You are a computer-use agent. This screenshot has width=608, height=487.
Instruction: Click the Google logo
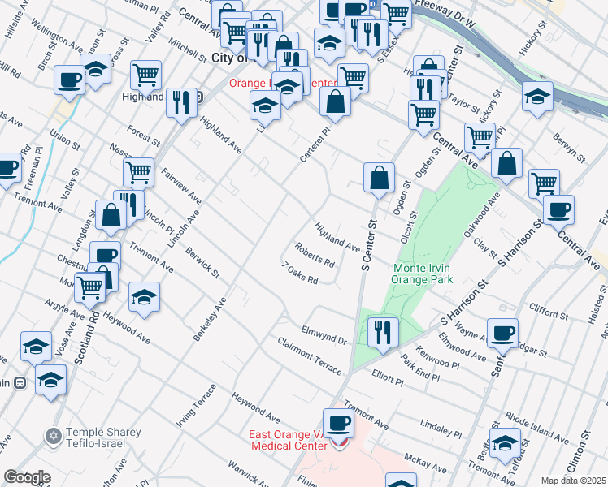click(26, 477)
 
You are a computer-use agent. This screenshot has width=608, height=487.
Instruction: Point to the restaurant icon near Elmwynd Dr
click(380, 331)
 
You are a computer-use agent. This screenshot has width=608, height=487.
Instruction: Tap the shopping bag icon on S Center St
click(379, 178)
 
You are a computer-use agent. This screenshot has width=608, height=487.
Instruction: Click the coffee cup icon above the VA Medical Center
click(338, 424)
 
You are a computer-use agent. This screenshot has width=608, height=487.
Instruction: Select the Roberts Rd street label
click(315, 257)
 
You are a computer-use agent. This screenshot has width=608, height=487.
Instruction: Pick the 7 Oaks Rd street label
click(299, 274)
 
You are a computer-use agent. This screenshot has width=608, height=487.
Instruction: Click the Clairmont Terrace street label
click(309, 356)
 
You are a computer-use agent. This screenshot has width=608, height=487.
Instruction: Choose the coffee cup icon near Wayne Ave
click(502, 332)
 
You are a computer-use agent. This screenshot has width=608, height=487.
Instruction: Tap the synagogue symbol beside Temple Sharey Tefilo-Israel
click(54, 437)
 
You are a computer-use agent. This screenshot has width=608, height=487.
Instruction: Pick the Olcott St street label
click(411, 227)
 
